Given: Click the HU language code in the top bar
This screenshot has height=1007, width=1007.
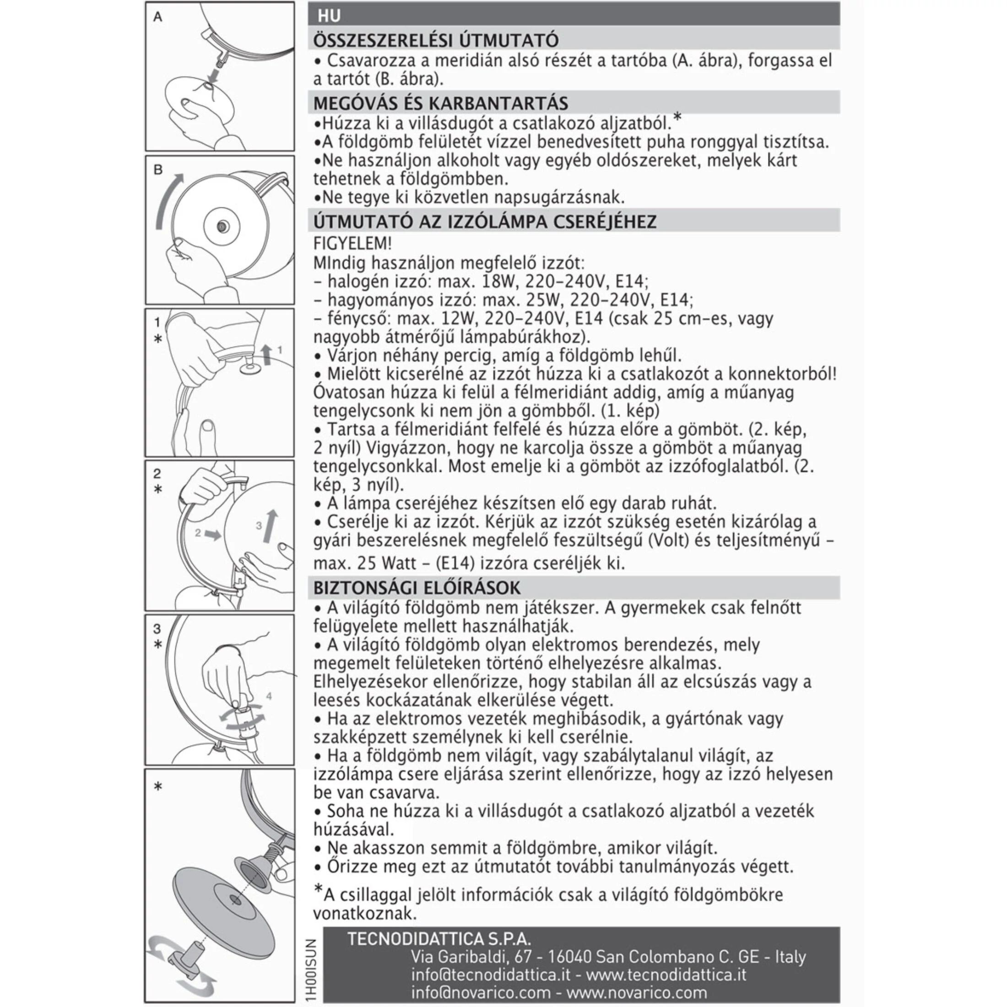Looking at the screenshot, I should click(x=329, y=16).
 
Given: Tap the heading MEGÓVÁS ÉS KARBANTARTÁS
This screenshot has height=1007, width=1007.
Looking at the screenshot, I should click(x=440, y=103).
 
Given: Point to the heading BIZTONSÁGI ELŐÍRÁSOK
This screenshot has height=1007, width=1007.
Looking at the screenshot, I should click(x=417, y=588).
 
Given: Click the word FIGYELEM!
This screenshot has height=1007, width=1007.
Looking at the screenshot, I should click(x=352, y=244).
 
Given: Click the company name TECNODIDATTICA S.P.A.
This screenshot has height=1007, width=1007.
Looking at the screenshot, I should click(x=439, y=939).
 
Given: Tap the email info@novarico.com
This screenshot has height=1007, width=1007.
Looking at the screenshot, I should click(x=481, y=992).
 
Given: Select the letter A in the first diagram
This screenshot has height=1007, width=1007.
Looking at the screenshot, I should click(x=158, y=17).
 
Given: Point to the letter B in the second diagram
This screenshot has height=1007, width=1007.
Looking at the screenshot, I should click(x=158, y=170).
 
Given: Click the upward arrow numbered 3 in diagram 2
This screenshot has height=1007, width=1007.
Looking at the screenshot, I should click(x=271, y=526).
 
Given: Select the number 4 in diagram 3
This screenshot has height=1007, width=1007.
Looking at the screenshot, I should click(x=269, y=696).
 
